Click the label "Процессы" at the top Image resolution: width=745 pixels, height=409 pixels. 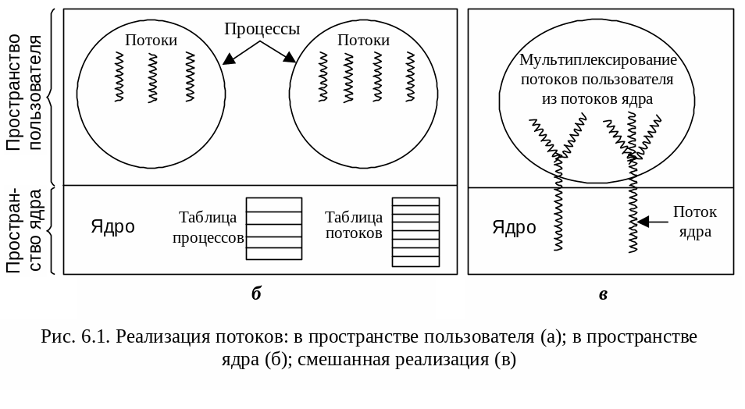pyautogui.click(x=262, y=29)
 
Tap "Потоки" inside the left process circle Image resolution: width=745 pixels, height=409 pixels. pyautogui.click(x=151, y=40)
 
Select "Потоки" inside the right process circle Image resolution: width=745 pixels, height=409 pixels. pyautogui.click(x=363, y=40)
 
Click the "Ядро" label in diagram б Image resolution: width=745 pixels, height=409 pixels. pyautogui.click(x=112, y=226)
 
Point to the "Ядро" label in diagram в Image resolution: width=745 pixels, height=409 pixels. pyautogui.click(x=514, y=227)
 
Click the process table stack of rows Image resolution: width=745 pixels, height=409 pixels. pyautogui.click(x=273, y=228)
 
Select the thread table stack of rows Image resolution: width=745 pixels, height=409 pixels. pyautogui.click(x=415, y=232)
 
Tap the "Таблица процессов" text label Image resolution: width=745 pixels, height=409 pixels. pyautogui.click(x=208, y=227)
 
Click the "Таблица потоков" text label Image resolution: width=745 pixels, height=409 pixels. pyautogui.click(x=354, y=225)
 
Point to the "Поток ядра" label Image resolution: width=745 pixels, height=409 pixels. pyautogui.click(x=695, y=222)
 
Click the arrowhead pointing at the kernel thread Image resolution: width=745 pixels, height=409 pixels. pyautogui.click(x=643, y=222)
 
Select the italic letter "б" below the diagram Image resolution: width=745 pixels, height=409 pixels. pyautogui.click(x=256, y=294)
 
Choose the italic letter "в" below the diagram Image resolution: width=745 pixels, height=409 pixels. pyautogui.click(x=603, y=294)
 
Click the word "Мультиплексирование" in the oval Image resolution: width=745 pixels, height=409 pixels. pyautogui.click(x=597, y=60)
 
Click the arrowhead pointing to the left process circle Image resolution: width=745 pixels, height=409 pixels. pyautogui.click(x=228, y=59)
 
